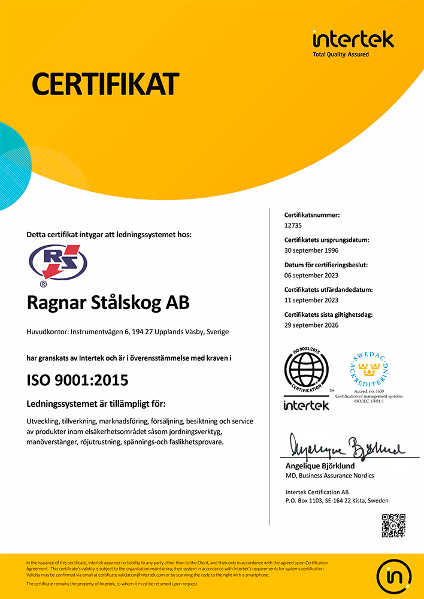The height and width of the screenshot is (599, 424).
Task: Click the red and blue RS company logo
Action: click(58, 265)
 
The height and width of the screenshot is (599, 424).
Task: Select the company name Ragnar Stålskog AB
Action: click(108, 303)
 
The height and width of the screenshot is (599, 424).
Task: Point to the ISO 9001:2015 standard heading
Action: click(78, 380)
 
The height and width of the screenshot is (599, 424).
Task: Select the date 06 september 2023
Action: click(311, 276)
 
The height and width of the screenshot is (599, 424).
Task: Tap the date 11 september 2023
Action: click(311, 300)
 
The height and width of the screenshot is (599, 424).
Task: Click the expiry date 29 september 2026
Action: click(311, 325)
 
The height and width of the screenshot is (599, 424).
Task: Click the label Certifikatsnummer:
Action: click(312, 214)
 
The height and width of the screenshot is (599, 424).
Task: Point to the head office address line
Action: click(128, 332)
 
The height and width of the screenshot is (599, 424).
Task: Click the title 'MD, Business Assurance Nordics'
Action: click(330, 476)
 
